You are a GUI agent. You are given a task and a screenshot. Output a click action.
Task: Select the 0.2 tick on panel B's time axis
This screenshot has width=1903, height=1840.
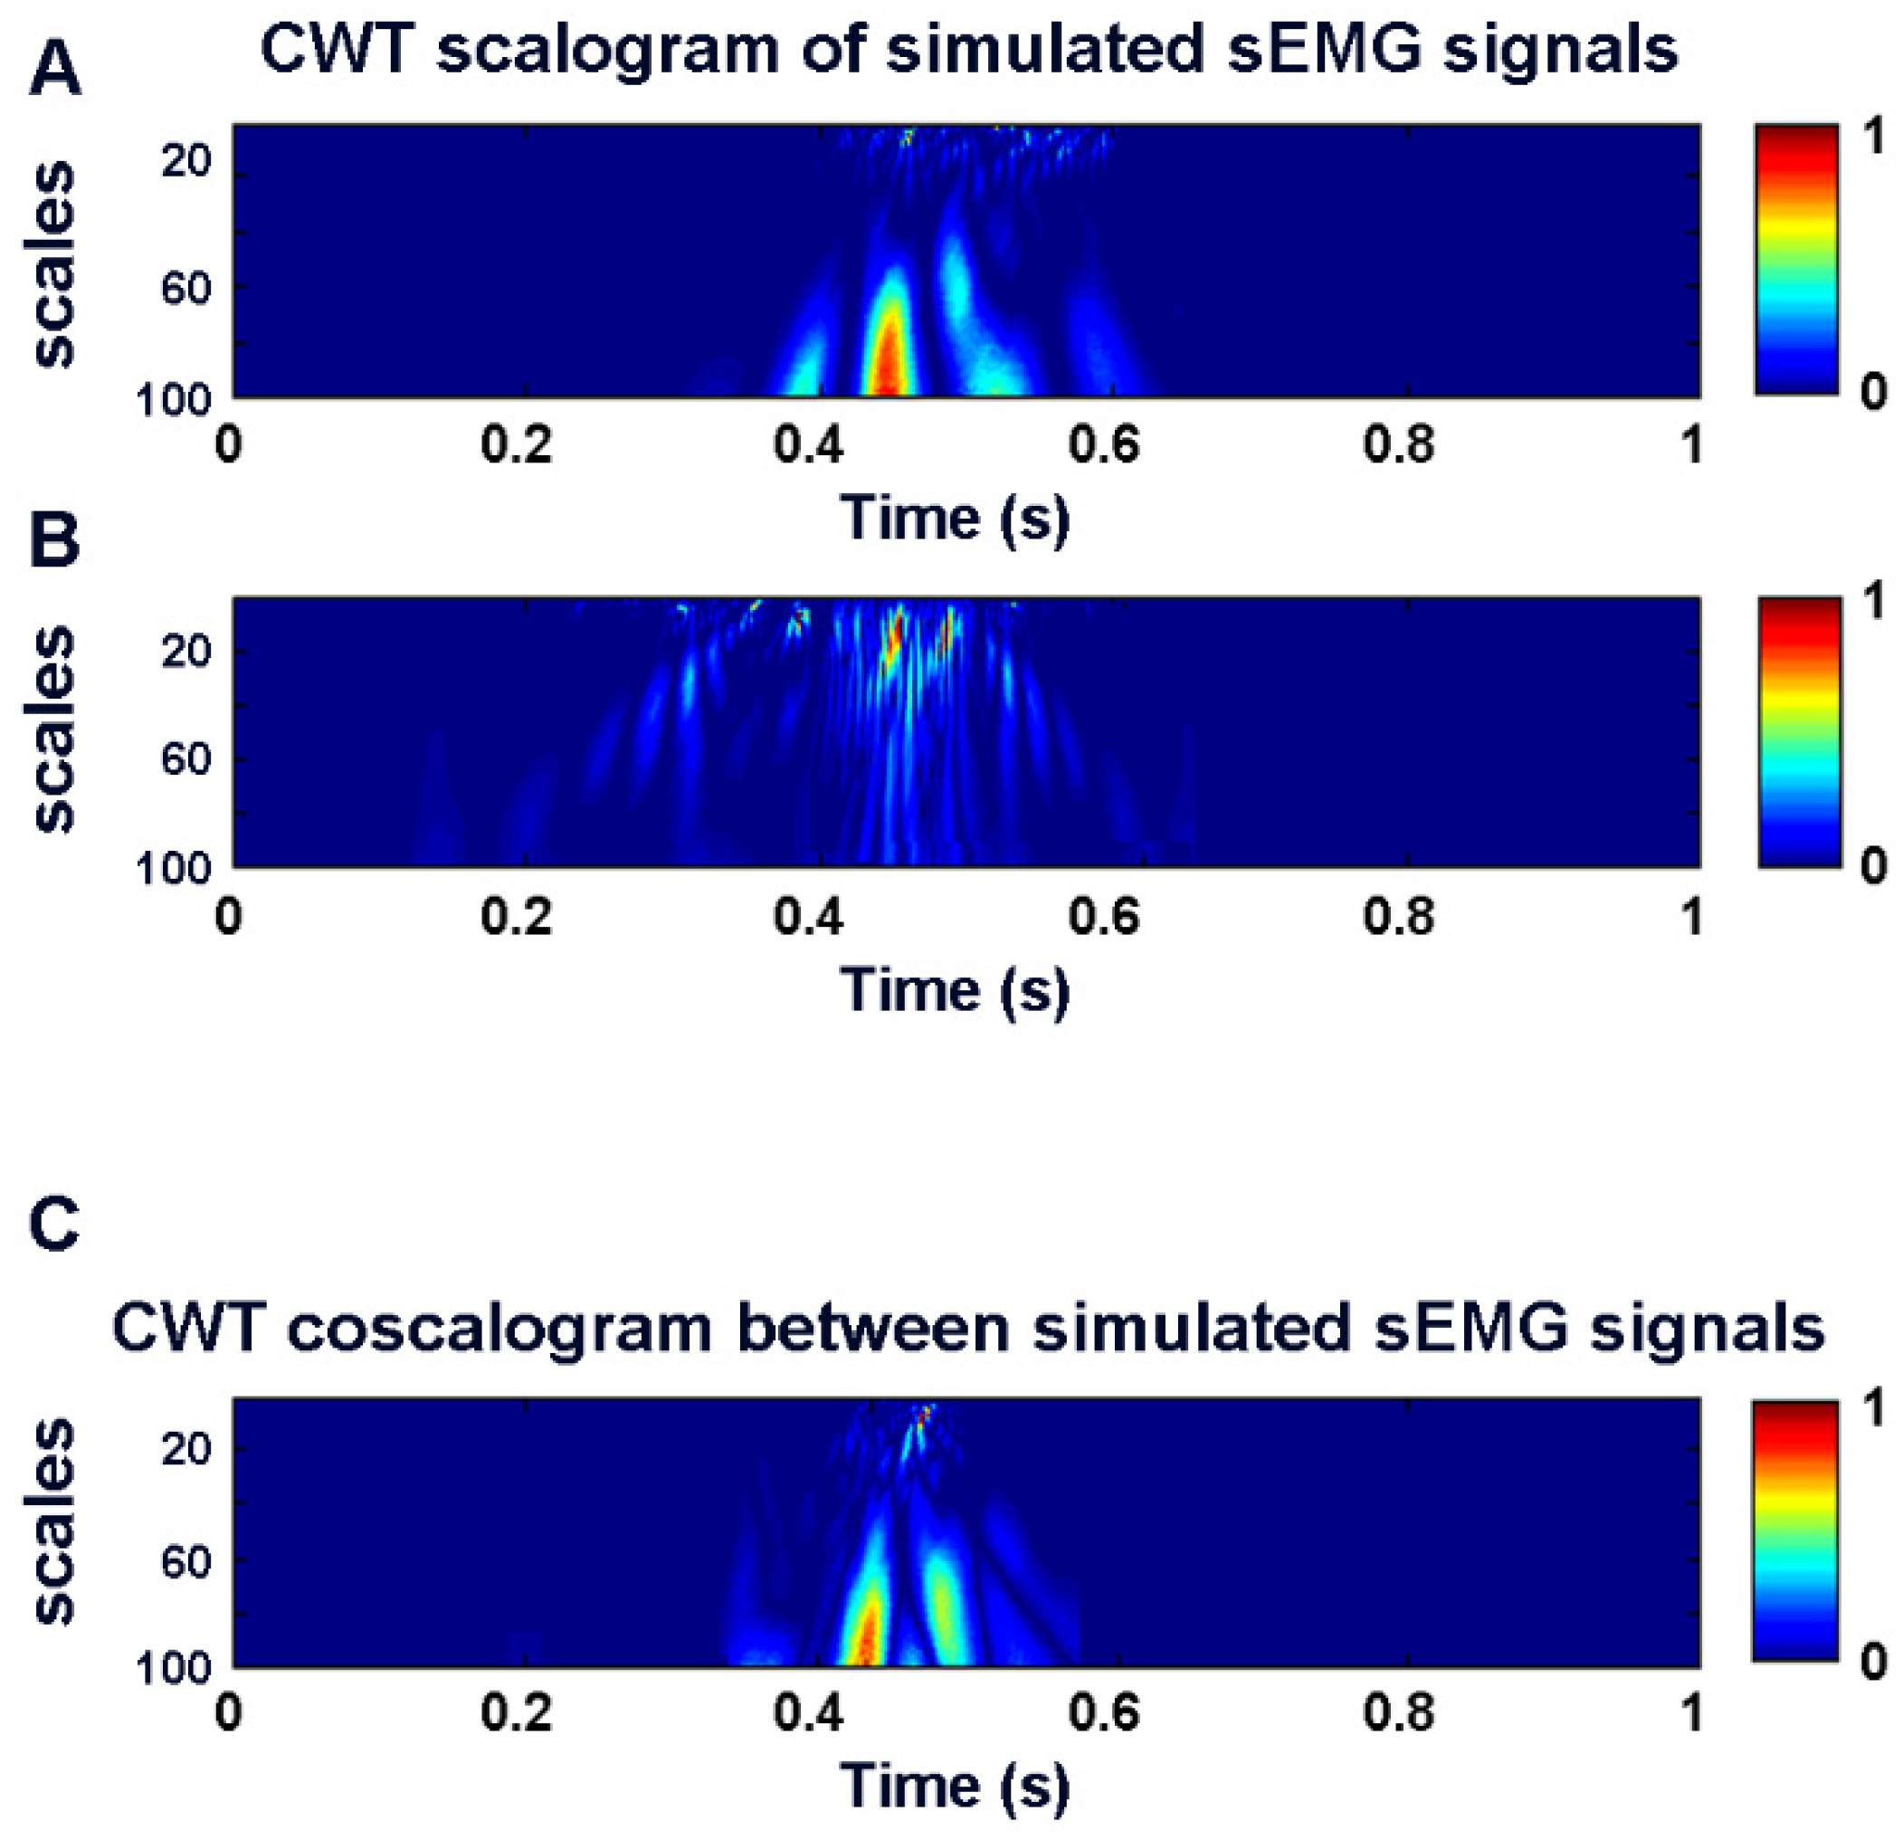pyautogui.click(x=517, y=917)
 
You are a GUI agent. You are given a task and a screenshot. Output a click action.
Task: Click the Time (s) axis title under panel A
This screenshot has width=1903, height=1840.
pyautogui.click(x=956, y=518)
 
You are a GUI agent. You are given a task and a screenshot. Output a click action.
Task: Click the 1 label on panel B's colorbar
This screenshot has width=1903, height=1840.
pyautogui.click(x=1873, y=602)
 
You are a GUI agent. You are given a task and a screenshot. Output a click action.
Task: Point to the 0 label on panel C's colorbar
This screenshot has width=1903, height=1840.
pyautogui.click(x=1873, y=1663)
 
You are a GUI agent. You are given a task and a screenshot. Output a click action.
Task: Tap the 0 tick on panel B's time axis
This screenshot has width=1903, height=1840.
pyautogui.click(x=229, y=917)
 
